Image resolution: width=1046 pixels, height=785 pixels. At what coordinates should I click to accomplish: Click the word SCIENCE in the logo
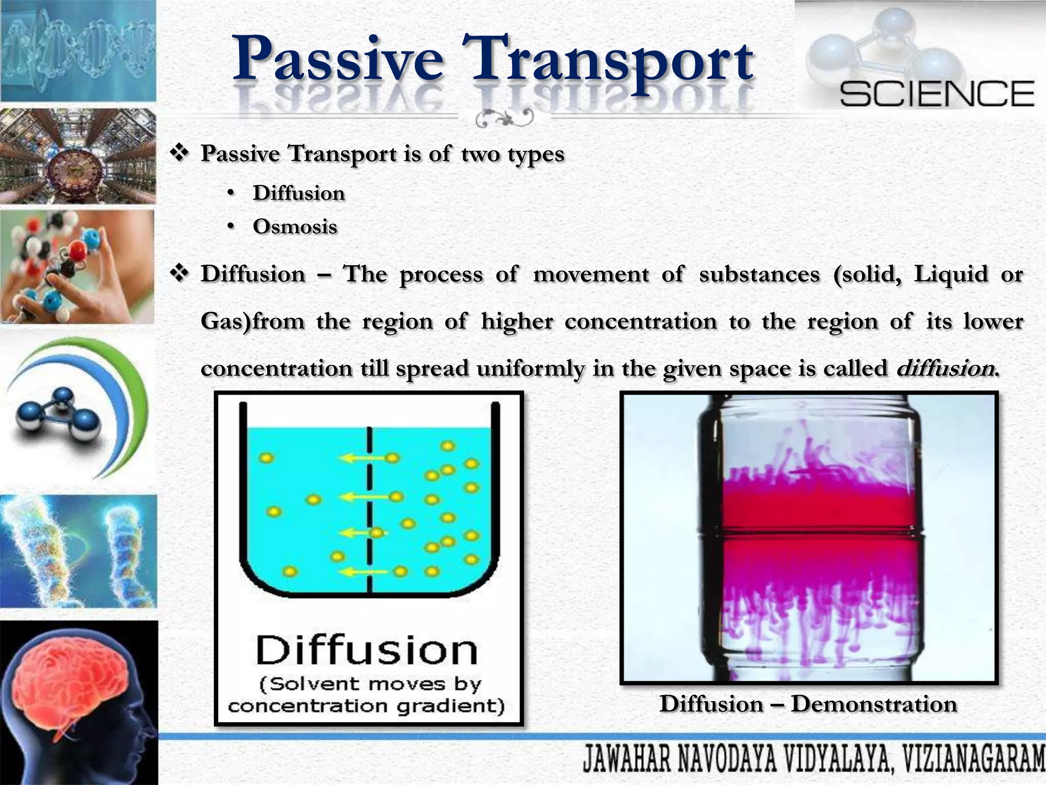pos(937,95)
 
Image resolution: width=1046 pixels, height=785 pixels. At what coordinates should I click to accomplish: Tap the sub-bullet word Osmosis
pos(295,226)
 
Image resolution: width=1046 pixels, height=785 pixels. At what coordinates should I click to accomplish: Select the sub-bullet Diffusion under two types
pos(299,193)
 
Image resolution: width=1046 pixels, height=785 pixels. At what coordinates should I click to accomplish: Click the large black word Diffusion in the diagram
pos(366,650)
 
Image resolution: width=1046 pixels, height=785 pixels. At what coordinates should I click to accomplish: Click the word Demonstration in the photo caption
pos(873,704)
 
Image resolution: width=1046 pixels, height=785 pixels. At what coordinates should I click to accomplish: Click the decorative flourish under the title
pos(504,119)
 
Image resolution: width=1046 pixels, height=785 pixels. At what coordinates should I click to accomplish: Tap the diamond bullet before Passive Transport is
pos(179,153)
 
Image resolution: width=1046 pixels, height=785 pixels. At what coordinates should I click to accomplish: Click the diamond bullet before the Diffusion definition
pos(179,274)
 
